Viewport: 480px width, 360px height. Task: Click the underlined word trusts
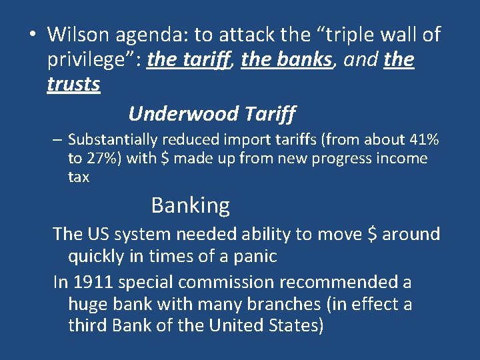pyautogui.click(x=73, y=85)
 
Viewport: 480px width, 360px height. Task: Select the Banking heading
pyautogui.click(x=190, y=205)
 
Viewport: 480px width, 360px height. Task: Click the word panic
pyautogui.click(x=255, y=256)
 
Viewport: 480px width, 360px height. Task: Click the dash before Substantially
pyautogui.click(x=59, y=140)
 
